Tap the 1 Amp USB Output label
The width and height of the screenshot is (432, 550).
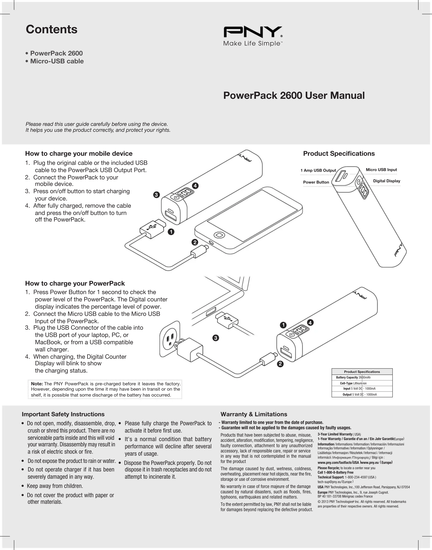tap(318, 170)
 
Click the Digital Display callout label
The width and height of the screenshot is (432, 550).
tap(387, 181)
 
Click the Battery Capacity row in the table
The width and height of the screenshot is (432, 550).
tap(362, 378)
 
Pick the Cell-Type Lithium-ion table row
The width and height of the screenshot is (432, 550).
tap(362, 383)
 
